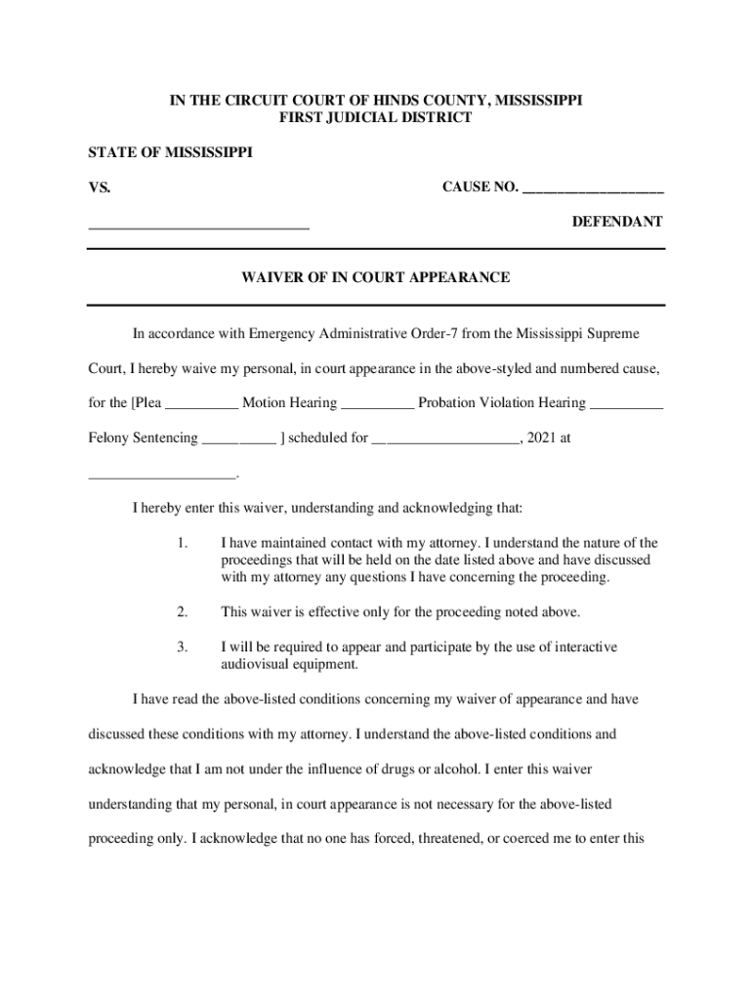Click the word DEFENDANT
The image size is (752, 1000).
pos(617,222)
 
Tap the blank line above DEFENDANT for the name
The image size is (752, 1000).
pos(199,227)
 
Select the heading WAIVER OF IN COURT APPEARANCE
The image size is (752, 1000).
pos(376,277)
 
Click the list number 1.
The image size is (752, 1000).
pos(182,543)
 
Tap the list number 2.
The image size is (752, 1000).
pos(182,612)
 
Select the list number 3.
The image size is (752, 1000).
pos(182,647)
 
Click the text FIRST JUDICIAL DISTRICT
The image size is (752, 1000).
pos(376,118)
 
